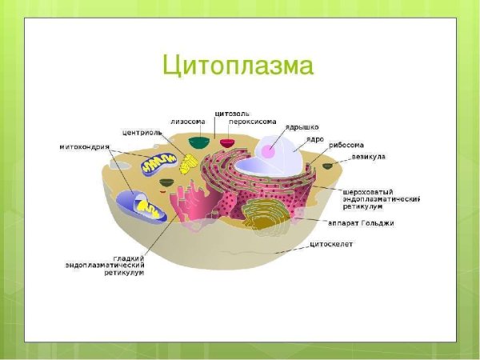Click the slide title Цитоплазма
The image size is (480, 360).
pos(238,65)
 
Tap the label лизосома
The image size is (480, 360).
pos(187,121)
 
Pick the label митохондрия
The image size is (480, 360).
pos(85,147)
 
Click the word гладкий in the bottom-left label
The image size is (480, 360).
pos(128,258)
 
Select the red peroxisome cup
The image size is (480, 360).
pos(228,143)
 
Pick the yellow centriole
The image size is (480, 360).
pos(187,164)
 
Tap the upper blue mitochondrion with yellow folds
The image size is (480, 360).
pos(157,165)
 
